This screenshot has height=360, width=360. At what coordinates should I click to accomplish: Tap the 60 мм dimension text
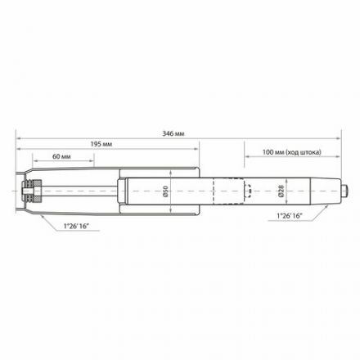pyautogui.click(x=60, y=154)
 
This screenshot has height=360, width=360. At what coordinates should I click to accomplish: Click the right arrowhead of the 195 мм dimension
pyautogui.click(x=196, y=148)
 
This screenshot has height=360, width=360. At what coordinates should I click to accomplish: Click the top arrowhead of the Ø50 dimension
pyautogui.click(x=168, y=173)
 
